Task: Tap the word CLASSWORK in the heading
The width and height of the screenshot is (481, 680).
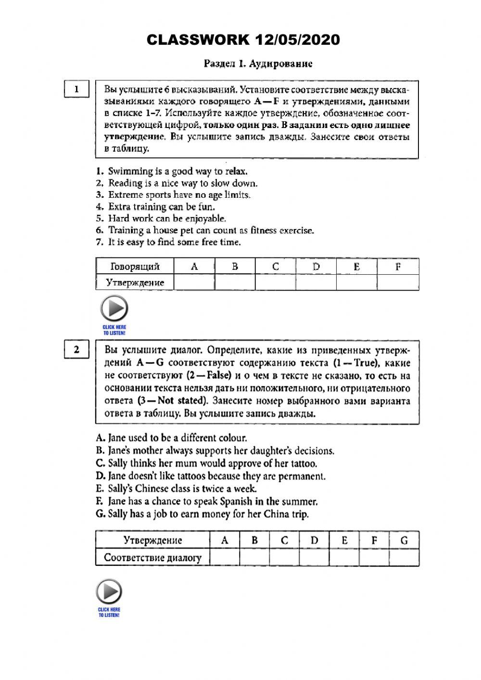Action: pos(196,40)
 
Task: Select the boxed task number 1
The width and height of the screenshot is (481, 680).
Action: pos(76,89)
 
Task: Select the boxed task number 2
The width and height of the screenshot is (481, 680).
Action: pos(76,350)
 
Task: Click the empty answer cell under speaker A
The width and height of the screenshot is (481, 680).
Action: pos(194,282)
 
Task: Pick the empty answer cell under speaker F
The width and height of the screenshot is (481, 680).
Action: pos(398,282)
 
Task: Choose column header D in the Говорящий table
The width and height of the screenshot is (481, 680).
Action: pos(316,267)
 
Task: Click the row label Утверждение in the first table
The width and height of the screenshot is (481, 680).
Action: pos(135,282)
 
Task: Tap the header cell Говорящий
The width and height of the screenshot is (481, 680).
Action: pos(135,267)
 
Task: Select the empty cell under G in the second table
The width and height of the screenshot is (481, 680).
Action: pos(404,557)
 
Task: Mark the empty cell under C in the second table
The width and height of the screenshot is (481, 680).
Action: pos(284,557)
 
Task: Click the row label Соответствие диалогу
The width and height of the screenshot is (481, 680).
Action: pos(153,557)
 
